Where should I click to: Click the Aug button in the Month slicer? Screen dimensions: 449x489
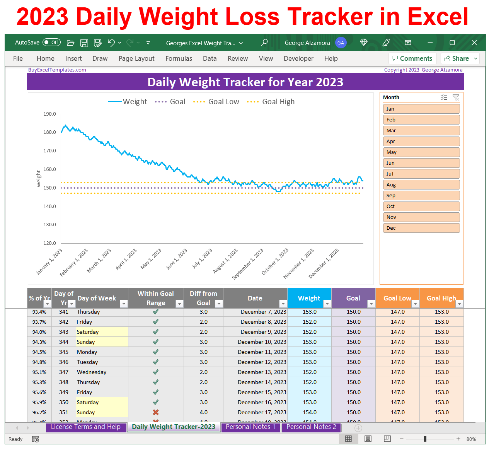tap(421, 185)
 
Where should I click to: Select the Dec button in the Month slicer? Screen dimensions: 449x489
tap(421, 228)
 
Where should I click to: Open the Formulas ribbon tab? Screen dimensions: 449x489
tap(179, 58)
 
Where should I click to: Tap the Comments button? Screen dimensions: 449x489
tap(412, 58)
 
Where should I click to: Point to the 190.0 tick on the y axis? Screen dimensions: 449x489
tap(50, 114)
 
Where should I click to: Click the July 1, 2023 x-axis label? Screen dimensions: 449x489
tap(203, 258)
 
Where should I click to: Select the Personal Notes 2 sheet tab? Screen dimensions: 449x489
tap(311, 427)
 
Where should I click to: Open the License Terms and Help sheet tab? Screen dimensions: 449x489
tap(86, 427)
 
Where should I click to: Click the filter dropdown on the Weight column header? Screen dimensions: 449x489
tap(327, 304)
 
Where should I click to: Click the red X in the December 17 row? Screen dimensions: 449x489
tap(156, 412)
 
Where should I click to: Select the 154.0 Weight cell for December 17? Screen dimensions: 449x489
tap(309, 412)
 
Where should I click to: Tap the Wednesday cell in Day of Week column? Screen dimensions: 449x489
tap(92, 372)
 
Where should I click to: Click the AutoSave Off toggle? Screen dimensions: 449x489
tap(51, 43)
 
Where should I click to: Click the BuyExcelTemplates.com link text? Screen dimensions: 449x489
tap(57, 70)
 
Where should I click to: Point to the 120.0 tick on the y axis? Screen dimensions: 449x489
tap(50, 243)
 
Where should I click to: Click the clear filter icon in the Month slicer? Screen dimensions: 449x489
tap(456, 97)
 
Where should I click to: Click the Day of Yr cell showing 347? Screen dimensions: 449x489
tap(64, 372)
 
